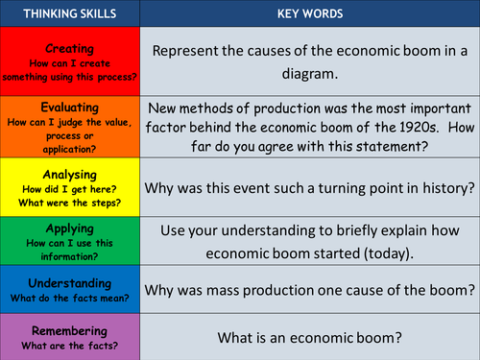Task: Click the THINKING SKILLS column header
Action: pyautogui.click(x=71, y=13)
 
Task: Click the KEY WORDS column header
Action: pyautogui.click(x=310, y=13)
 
